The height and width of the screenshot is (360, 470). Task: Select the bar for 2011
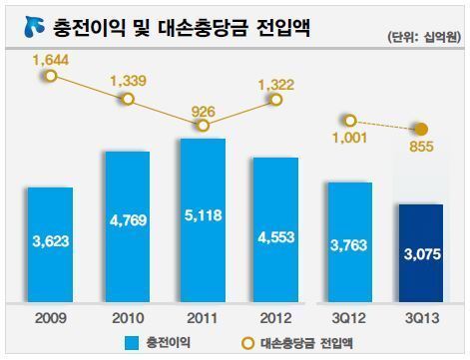tap(203, 218)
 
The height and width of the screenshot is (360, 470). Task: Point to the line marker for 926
tap(203, 125)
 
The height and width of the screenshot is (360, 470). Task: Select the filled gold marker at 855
tap(422, 129)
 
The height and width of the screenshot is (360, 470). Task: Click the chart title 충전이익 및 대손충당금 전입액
tap(180, 29)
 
